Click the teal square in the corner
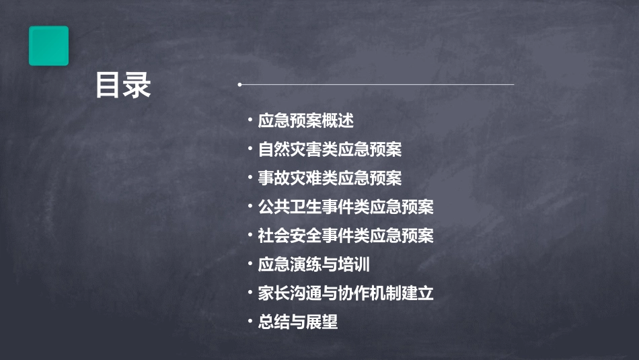click(x=48, y=46)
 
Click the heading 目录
click(x=123, y=85)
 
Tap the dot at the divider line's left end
click(x=239, y=85)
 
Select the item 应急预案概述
click(x=305, y=120)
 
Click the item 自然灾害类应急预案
click(x=330, y=149)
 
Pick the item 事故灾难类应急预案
click(x=330, y=178)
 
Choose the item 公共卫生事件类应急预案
click(x=346, y=207)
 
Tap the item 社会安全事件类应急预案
click(x=346, y=236)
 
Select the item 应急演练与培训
click(x=313, y=264)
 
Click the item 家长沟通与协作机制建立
click(x=346, y=293)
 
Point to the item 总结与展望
click(x=297, y=322)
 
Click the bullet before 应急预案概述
click(x=250, y=120)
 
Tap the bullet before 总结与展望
click(x=250, y=322)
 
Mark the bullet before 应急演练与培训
click(x=250, y=264)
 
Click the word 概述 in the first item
click(x=338, y=120)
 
